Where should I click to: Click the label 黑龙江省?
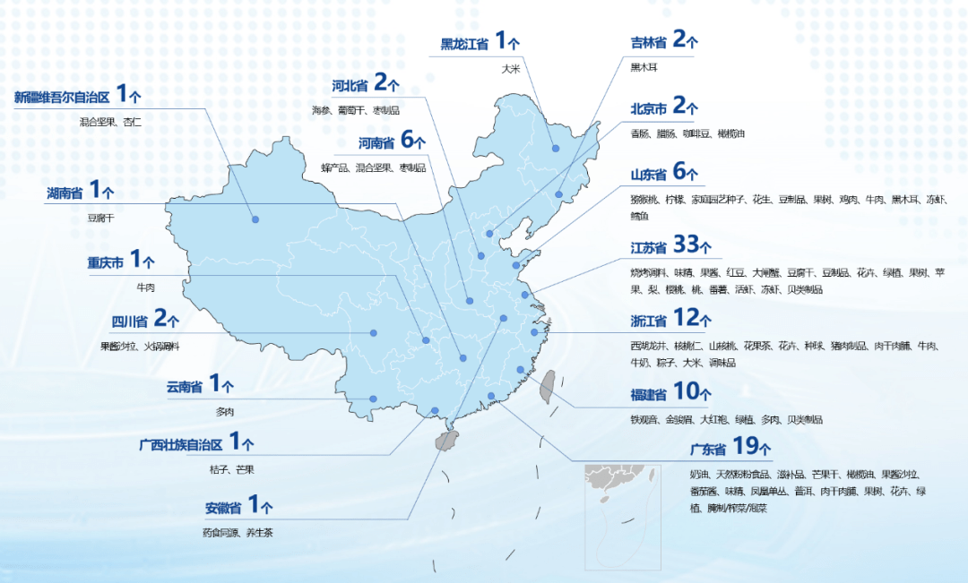[x=464, y=44]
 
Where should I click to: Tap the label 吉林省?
[x=648, y=41]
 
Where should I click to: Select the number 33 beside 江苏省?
[x=685, y=245]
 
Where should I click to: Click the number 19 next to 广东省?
[x=746, y=445]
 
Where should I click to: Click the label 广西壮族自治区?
[x=182, y=444]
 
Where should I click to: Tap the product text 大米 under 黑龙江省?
[x=511, y=68]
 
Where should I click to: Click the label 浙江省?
[x=648, y=321]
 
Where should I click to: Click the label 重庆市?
[x=105, y=263]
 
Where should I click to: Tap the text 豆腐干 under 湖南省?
[x=101, y=217]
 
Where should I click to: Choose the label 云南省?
[x=184, y=388]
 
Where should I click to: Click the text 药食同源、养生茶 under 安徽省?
[x=238, y=532]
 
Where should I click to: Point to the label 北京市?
[x=648, y=109]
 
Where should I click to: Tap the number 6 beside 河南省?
[x=407, y=141]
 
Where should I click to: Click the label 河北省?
[x=350, y=86]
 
